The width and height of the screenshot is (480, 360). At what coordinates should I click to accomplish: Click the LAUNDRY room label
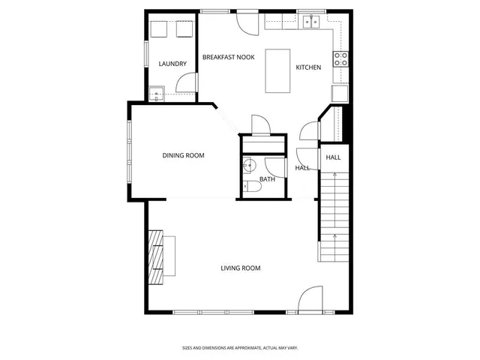172,64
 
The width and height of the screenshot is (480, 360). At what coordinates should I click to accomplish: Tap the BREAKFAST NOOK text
229,57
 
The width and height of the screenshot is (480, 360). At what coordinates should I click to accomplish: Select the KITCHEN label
308,67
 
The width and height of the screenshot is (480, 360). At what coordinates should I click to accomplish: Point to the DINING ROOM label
184,155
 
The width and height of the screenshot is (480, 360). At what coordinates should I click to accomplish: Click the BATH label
267,179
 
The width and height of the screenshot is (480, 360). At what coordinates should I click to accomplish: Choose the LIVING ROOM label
240,268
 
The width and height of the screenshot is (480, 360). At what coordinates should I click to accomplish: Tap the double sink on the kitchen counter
313,22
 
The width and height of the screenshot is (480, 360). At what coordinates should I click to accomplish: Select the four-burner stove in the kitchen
340,59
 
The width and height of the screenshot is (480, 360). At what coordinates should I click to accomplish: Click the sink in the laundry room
156,94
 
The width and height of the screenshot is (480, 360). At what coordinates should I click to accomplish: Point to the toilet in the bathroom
252,189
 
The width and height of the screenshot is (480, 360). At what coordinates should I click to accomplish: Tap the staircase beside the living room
335,217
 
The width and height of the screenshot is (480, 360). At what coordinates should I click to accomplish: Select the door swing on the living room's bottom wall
310,300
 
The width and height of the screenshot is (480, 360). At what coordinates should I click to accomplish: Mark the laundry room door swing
186,84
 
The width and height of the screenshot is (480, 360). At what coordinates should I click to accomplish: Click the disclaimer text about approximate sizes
240,347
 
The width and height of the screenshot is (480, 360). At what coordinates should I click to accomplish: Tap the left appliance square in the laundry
158,29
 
